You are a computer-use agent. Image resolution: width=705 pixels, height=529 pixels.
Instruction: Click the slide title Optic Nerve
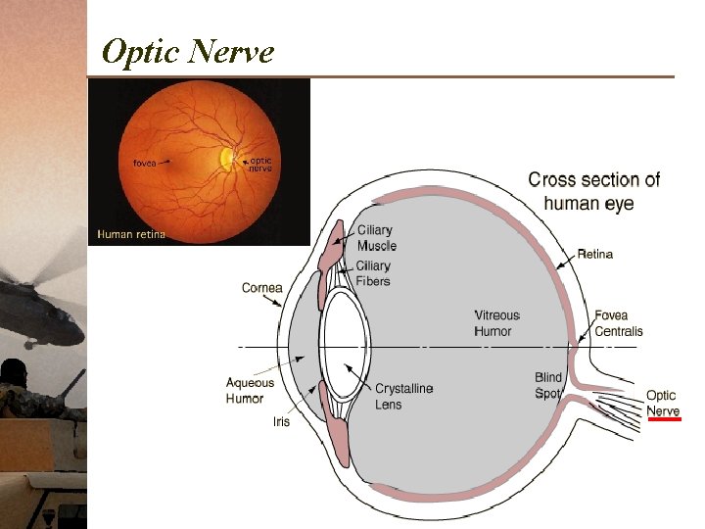[187, 51]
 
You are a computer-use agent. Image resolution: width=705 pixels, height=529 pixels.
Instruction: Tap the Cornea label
[261, 288]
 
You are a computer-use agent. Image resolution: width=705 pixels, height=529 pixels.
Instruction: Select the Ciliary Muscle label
[377, 238]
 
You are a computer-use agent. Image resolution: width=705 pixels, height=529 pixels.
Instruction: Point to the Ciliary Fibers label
[373, 273]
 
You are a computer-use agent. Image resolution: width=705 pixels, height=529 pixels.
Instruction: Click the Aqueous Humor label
[250, 391]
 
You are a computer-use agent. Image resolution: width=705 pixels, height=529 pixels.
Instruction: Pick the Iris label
[281, 422]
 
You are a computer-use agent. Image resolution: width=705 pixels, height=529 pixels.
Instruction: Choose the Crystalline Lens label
[403, 396]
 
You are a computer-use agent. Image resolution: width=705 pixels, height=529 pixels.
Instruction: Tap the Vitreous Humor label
[497, 323]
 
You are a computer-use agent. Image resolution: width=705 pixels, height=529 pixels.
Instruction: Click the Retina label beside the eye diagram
[594, 255]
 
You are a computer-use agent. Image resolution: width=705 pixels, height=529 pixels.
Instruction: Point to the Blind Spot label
[548, 385]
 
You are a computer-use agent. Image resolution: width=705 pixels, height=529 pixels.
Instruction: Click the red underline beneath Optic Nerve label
[663, 418]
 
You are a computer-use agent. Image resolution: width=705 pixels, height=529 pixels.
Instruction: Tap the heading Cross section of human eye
[593, 192]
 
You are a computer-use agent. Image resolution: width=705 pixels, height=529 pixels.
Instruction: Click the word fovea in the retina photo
[144, 163]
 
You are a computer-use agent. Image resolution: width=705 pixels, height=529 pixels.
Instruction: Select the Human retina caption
[130, 234]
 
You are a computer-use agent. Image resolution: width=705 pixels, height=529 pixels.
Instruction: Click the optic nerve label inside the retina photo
[259, 164]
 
